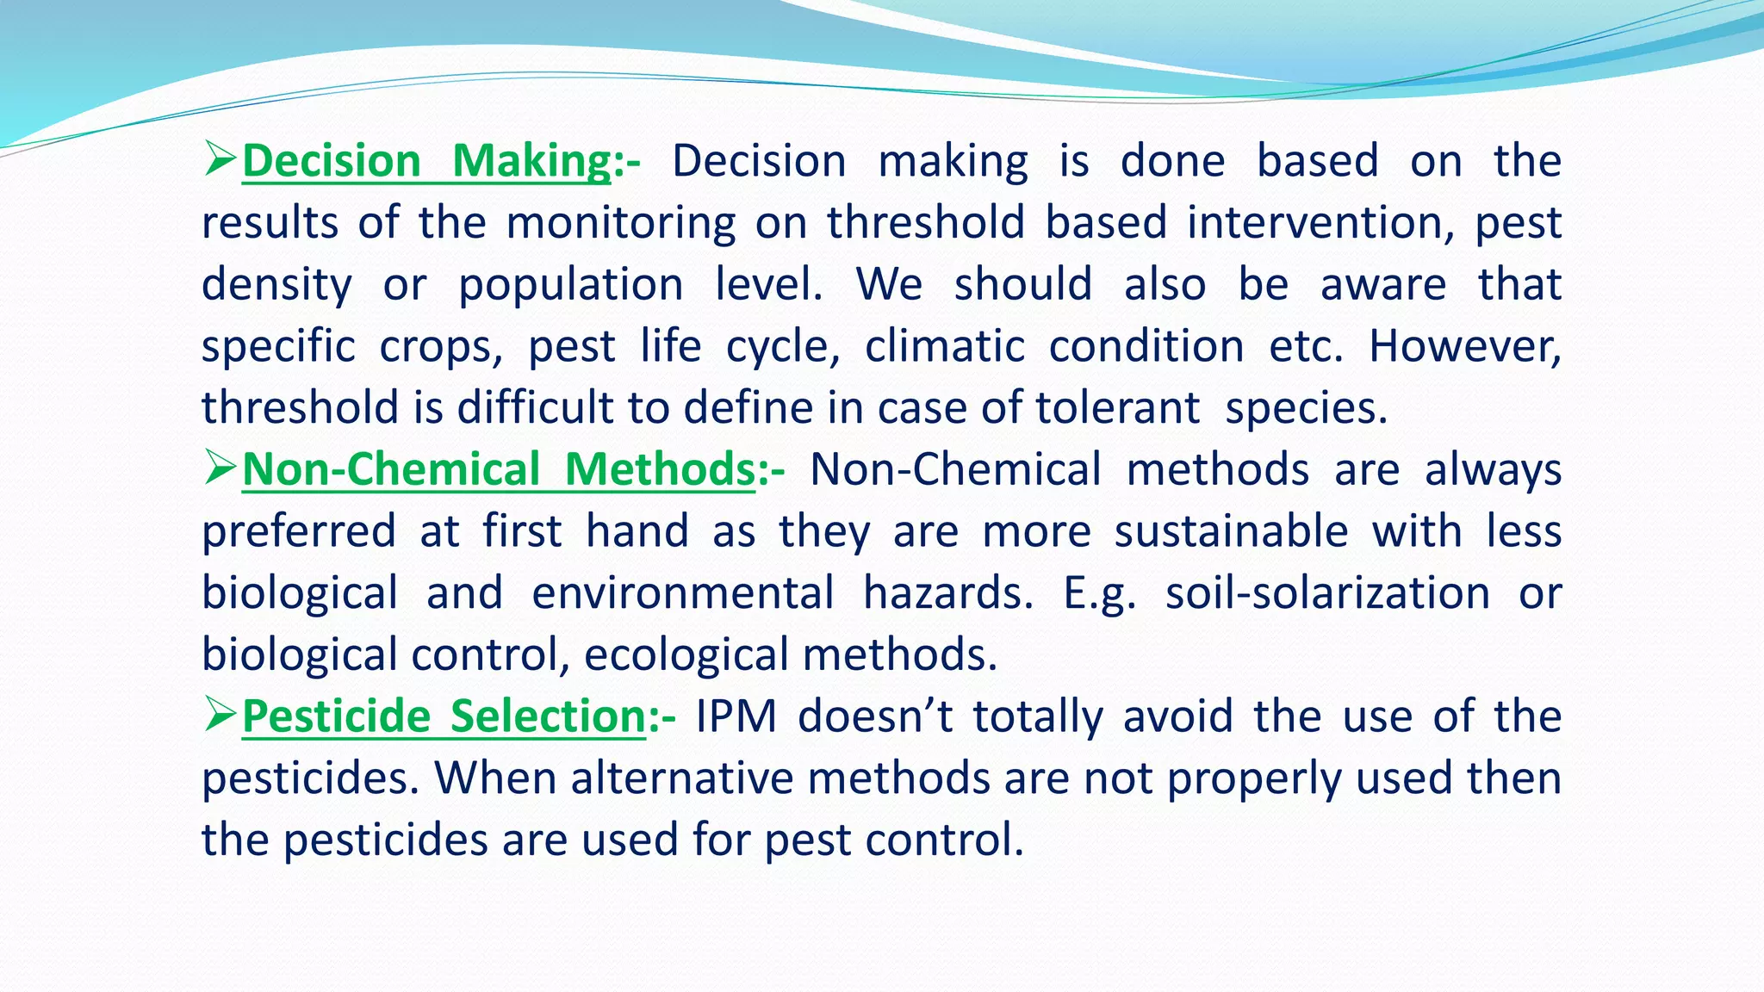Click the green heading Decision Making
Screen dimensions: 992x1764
click(x=426, y=161)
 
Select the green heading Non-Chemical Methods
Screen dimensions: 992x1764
click(x=499, y=470)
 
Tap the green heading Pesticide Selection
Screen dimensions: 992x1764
click(x=444, y=716)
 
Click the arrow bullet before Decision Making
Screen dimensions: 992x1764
click(x=220, y=159)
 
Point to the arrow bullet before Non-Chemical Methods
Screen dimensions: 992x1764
click(x=220, y=468)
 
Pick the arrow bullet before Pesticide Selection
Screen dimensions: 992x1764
click(x=220, y=715)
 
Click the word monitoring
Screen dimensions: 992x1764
click(x=620, y=223)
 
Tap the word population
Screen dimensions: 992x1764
click(x=570, y=285)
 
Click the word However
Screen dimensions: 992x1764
click(x=1464, y=346)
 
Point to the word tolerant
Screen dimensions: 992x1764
click(x=1117, y=408)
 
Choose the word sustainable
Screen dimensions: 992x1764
click(x=1231, y=531)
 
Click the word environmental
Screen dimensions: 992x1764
click(x=682, y=593)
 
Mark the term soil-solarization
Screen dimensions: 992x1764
click(x=1327, y=593)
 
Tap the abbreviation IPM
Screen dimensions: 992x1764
click(x=736, y=716)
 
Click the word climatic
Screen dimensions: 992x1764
click(x=945, y=346)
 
